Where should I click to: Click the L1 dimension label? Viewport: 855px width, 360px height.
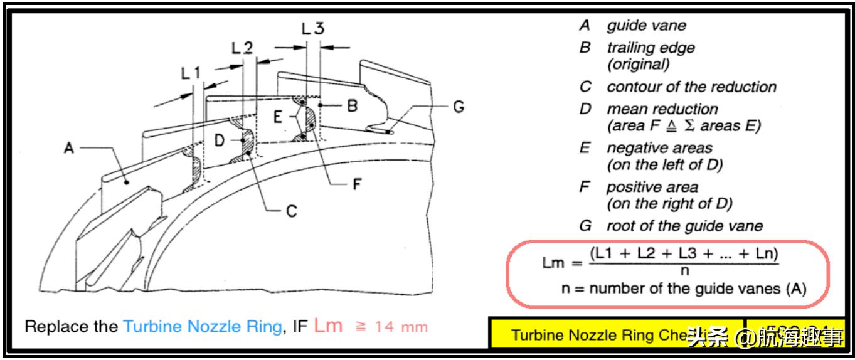click(191, 73)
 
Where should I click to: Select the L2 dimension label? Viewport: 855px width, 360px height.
click(242, 48)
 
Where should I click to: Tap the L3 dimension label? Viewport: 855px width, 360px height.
click(312, 28)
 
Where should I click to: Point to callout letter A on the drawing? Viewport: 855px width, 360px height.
click(69, 148)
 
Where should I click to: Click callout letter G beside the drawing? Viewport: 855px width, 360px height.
click(459, 107)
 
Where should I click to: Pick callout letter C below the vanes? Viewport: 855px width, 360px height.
click(290, 211)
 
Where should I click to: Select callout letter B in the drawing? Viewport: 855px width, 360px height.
click(353, 105)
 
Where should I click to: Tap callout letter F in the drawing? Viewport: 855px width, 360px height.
click(357, 185)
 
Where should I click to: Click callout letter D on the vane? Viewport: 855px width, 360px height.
click(219, 140)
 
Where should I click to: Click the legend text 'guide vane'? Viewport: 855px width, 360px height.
click(646, 26)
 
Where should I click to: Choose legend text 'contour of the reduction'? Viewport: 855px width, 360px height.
click(691, 87)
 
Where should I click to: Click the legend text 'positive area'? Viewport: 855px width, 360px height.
click(652, 187)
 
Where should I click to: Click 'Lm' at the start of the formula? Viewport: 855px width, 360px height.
click(555, 262)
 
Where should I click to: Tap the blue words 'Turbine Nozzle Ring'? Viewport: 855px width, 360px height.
click(201, 327)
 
